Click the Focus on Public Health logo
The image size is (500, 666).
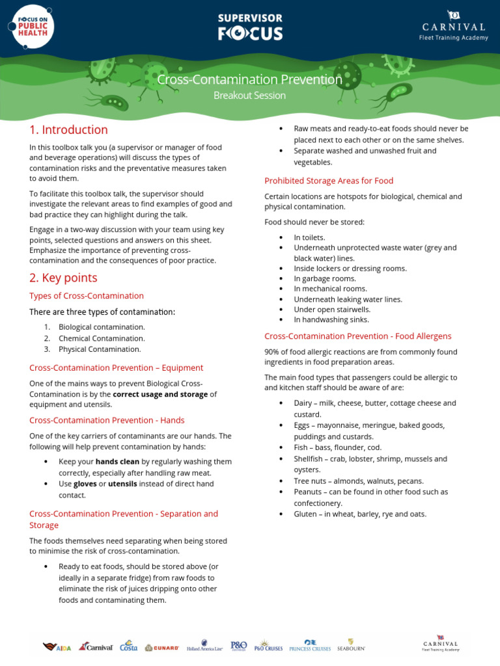31,27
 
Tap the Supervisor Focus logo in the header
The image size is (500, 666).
250,27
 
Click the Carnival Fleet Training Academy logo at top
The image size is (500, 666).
453,26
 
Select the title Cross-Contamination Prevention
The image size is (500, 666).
250,79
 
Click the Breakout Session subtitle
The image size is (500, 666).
250,96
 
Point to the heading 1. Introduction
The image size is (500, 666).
68,129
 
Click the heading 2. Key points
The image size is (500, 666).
63,278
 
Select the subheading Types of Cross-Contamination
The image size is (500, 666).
87,296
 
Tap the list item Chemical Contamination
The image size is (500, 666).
102,338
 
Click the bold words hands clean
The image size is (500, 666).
117,461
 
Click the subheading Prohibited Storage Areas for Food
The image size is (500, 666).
329,180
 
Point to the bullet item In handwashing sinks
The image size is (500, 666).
331,319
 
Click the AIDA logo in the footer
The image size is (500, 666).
57,646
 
